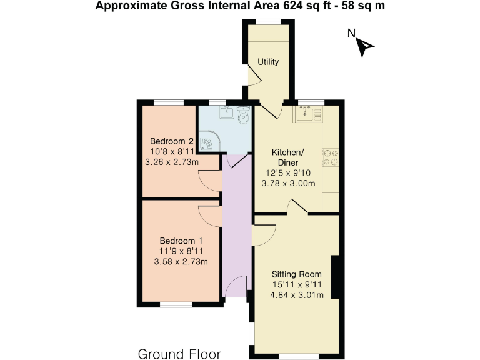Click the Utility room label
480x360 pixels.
click(268, 62)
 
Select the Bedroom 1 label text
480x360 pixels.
click(181, 241)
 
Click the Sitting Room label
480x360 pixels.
click(296, 274)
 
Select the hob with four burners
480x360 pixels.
click(330, 158)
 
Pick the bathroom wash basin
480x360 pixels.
click(226, 113)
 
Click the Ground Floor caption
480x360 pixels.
click(179, 354)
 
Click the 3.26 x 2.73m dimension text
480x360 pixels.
click(171, 162)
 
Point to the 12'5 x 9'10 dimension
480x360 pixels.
click(287, 173)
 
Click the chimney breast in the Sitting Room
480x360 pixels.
click(334, 277)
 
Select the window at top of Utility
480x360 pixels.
click(268, 22)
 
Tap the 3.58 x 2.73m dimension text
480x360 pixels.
click(181, 262)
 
